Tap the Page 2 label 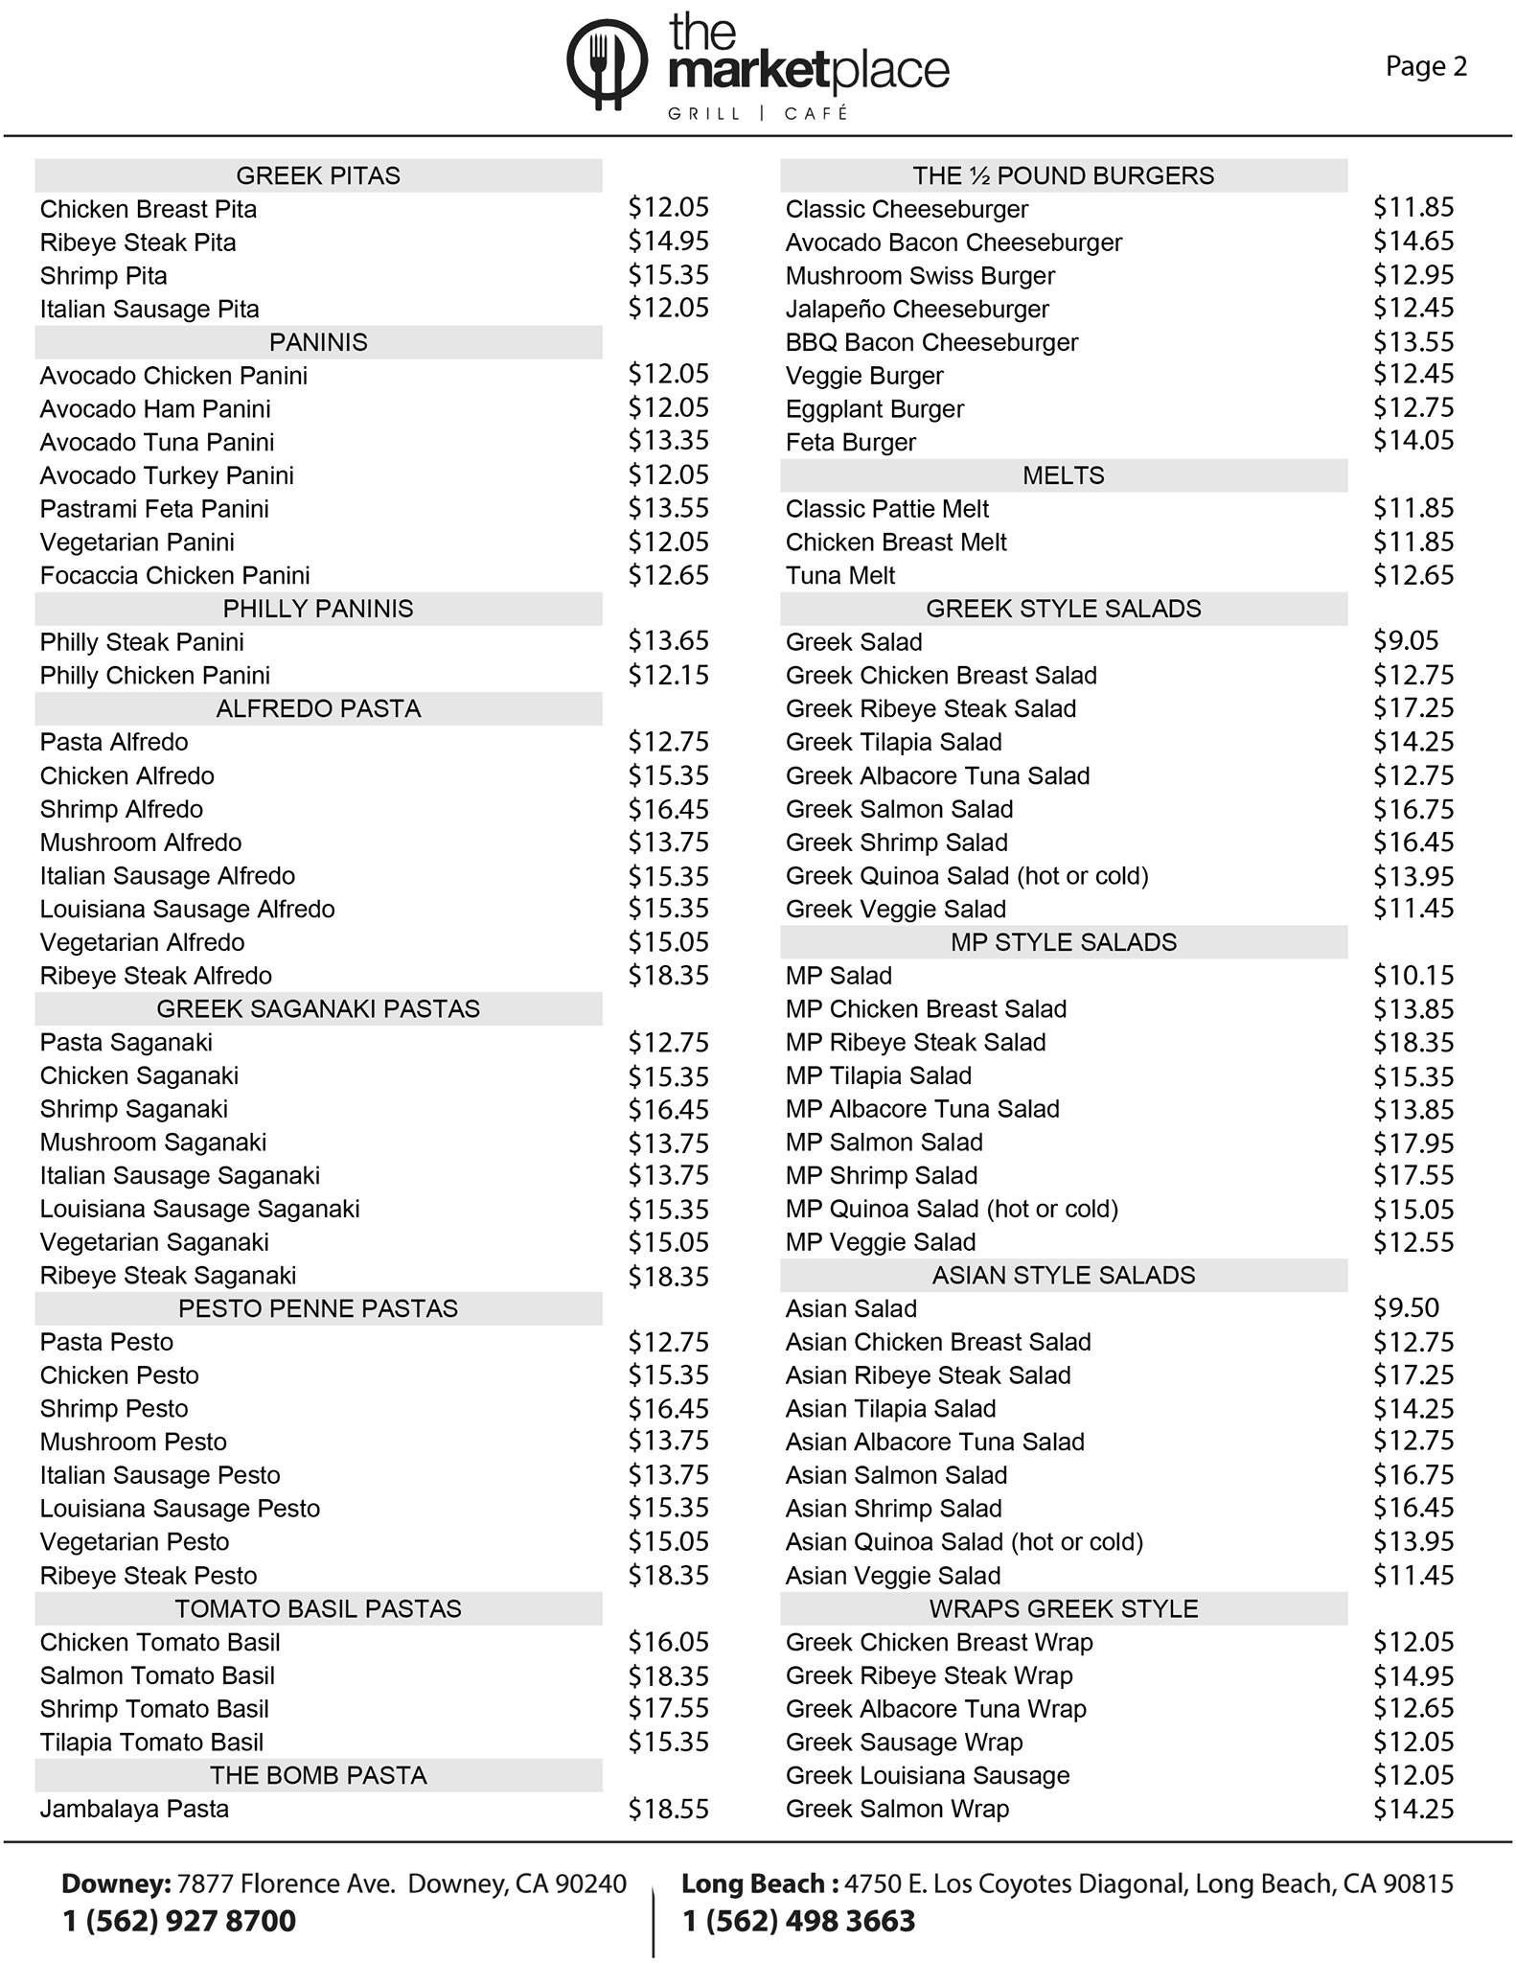[1426, 66]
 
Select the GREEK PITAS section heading [318, 175]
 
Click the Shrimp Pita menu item [103, 276]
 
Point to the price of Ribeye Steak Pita [668, 241]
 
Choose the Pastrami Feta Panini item [154, 509]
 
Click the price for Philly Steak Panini [668, 641]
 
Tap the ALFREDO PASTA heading [318, 708]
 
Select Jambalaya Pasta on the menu [134, 1809]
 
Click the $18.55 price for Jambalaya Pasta [668, 1809]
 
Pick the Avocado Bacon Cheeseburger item [953, 242]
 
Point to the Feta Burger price [1413, 441]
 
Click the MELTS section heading [1063, 475]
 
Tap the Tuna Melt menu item [840, 575]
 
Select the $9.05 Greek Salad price [1406, 641]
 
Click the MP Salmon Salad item [884, 1143]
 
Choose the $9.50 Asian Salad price [1406, 1308]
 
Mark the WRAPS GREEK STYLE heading [1063, 1608]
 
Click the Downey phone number [179, 1921]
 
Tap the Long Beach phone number [799, 1921]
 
